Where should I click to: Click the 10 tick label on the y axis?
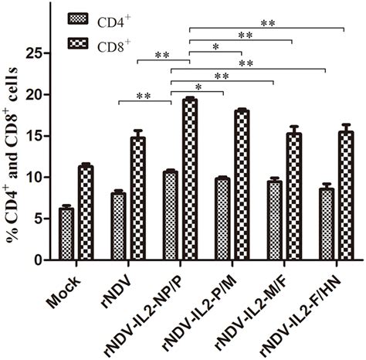coord(32,178)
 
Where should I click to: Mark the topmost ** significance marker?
coord(267,24)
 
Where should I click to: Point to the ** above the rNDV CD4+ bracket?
coord(144,97)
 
